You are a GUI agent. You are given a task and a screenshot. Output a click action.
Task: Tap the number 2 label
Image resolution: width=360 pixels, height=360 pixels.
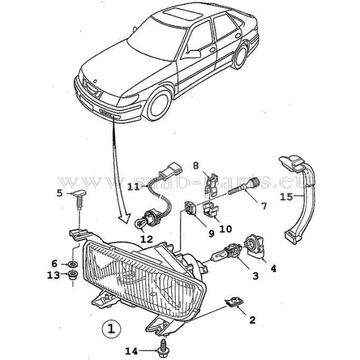coord(253,320)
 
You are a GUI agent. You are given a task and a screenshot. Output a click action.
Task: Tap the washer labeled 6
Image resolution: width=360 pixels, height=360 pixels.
coord(71,264)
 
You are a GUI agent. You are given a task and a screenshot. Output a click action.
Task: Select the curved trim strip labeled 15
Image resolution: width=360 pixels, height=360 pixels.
coord(303,198)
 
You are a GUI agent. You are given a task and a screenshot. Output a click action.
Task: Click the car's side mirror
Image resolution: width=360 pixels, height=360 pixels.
coord(194,53)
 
